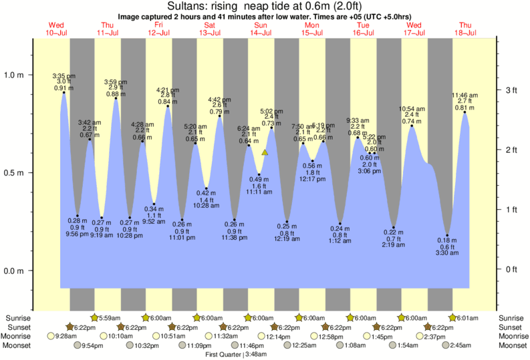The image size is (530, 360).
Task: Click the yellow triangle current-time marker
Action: [265, 153]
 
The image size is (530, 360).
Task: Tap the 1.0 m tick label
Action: [15, 75]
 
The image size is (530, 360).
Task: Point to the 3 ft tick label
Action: [512, 90]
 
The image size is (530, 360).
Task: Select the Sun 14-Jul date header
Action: [261, 29]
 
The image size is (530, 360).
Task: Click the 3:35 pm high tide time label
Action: [64, 75]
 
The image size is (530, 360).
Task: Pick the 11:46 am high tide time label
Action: [465, 96]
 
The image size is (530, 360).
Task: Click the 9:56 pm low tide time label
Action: [78, 234]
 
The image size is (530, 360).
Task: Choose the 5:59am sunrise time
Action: [110, 318]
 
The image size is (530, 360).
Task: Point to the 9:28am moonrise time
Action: [61, 337]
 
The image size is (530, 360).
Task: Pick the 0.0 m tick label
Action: [15, 271]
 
